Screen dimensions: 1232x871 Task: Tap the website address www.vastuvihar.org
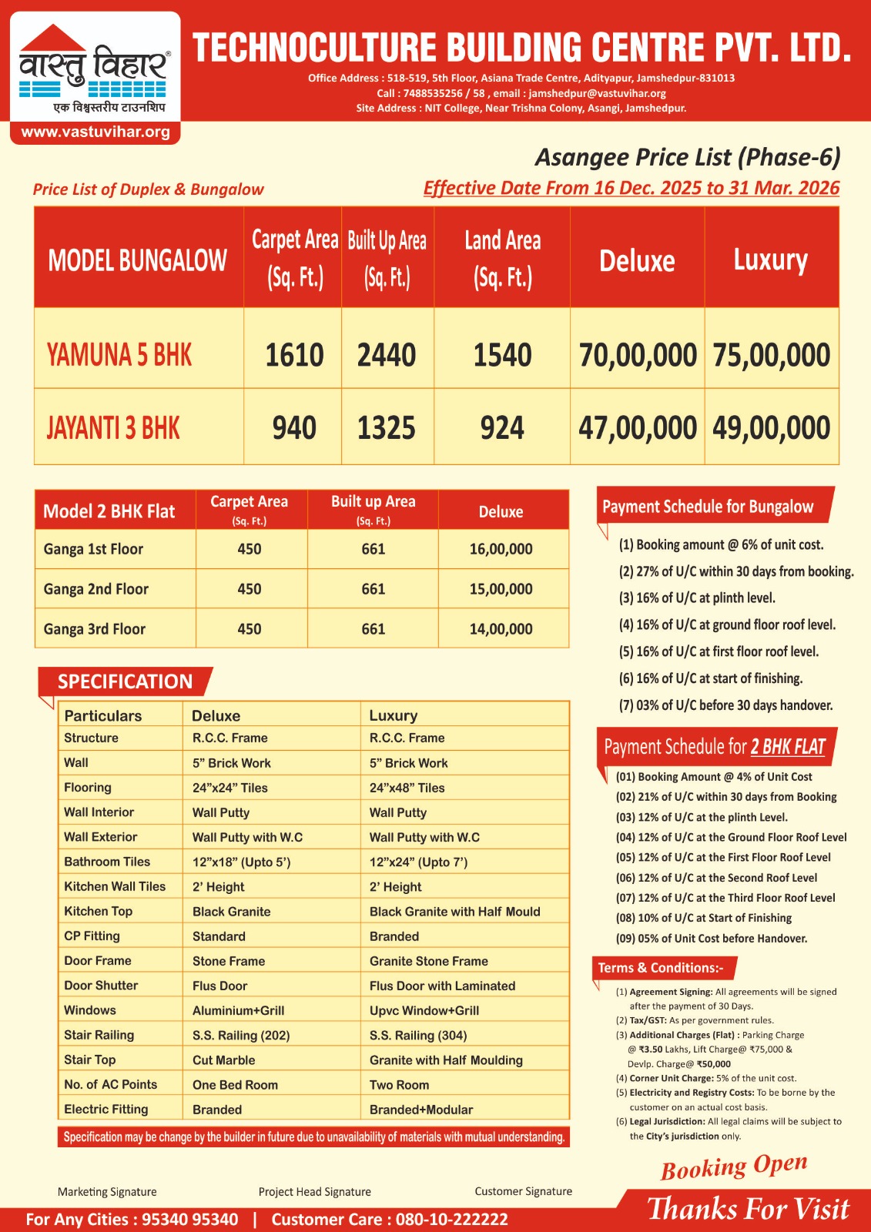pos(95,132)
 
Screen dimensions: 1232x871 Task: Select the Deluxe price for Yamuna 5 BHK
pos(638,355)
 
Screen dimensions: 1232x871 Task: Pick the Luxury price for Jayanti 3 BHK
pos(771,428)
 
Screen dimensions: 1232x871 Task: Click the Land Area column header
pos(502,258)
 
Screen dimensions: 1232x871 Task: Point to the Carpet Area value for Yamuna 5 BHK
pos(294,355)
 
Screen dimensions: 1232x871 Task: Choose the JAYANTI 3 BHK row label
pos(113,428)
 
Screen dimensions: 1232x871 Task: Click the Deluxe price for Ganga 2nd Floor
pos(501,589)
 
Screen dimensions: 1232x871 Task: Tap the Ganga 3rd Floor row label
pos(95,629)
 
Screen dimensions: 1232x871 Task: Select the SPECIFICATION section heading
pos(125,681)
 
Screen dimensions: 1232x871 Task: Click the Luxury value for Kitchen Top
pos(454,912)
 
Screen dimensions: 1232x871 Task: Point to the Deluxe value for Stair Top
pos(223,1060)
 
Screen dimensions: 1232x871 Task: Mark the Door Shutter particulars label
pos(101,986)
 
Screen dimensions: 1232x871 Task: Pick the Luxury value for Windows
pos(424,1010)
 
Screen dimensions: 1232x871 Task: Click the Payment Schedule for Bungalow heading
pos(708,507)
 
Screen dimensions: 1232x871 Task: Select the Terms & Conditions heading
pos(661,968)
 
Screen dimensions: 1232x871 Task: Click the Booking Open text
pos(733,1167)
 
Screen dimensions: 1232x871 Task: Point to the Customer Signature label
pos(523,1191)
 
